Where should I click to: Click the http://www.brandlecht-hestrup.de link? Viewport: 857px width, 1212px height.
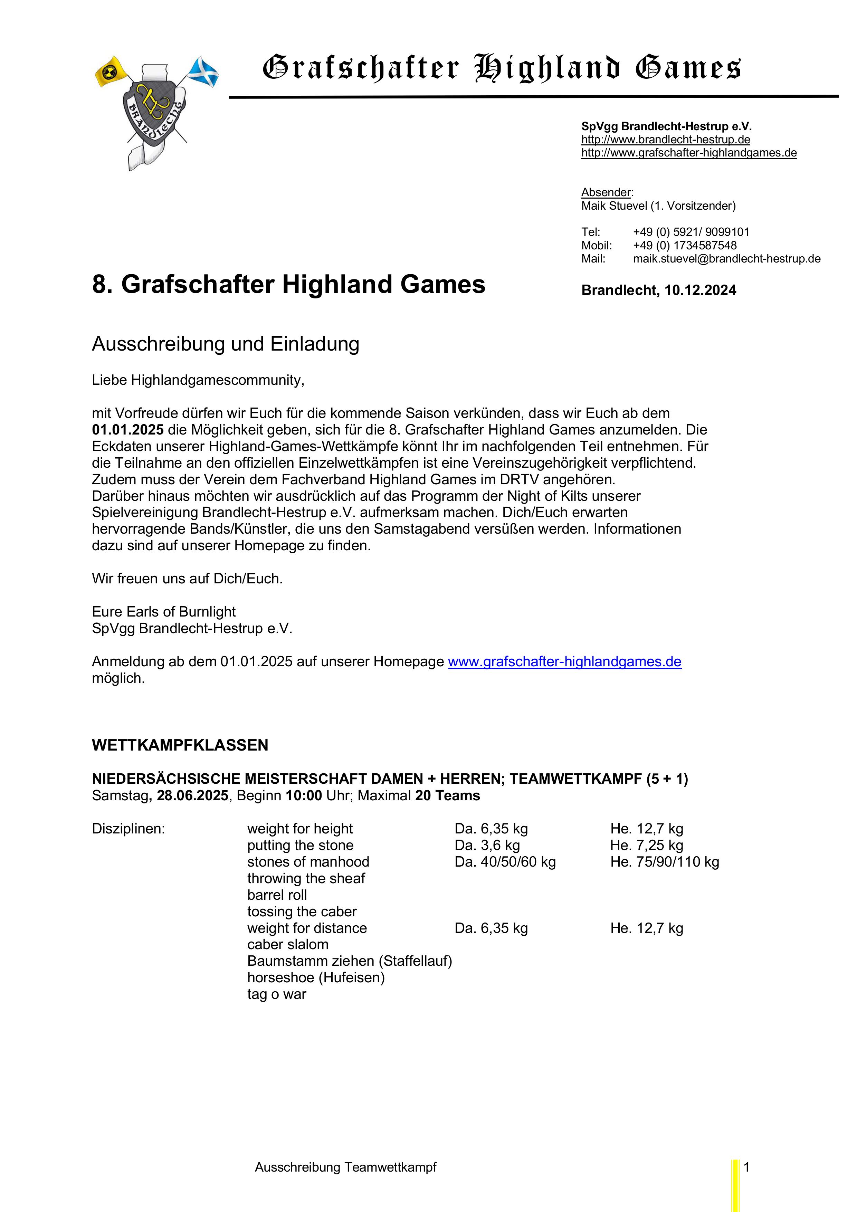pos(665,140)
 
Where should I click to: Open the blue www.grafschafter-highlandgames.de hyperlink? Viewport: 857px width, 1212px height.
pos(564,662)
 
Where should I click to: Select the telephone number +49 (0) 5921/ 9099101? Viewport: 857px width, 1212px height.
pos(691,232)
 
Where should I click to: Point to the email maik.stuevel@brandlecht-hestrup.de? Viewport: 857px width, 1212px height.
pos(726,259)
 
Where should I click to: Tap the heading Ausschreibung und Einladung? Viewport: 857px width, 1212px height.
pos(226,344)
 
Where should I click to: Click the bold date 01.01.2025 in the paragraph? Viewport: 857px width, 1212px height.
pos(128,430)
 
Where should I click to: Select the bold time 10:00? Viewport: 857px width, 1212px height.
pos(304,795)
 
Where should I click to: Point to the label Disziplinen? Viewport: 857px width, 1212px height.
pos(128,829)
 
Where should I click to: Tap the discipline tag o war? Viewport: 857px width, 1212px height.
pos(277,994)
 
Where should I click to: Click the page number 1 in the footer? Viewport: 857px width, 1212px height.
pos(747,1167)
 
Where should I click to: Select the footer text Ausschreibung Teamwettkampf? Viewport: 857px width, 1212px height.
pos(345,1167)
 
